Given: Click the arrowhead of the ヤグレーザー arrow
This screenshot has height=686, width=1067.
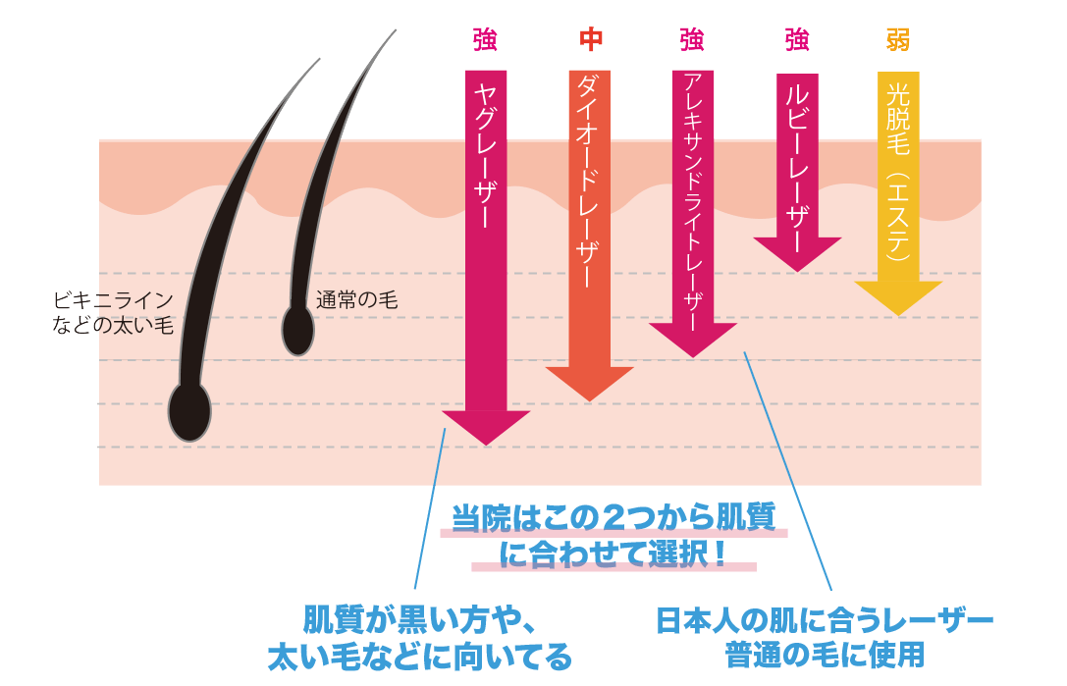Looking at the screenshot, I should click(x=486, y=426).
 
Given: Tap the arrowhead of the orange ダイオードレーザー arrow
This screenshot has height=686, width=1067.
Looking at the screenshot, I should click(x=589, y=382).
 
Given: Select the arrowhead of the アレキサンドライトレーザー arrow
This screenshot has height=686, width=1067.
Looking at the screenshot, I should click(x=693, y=339).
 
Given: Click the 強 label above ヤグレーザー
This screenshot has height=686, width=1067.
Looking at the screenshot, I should click(x=485, y=39).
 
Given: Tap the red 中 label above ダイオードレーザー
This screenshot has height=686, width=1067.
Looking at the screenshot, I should click(x=590, y=39).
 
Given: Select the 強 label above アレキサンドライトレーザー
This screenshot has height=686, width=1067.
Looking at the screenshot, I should click(x=692, y=39).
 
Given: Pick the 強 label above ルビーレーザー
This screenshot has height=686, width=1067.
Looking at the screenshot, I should click(x=797, y=39).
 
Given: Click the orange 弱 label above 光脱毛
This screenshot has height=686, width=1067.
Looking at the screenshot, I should click(x=898, y=39).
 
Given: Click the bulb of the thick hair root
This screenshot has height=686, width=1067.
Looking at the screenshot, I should click(x=189, y=411).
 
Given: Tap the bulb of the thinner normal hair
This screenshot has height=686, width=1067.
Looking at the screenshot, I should click(x=297, y=330).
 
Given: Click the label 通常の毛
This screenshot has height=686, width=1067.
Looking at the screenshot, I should click(x=356, y=300).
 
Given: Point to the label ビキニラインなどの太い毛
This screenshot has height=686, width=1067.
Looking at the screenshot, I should click(x=113, y=312).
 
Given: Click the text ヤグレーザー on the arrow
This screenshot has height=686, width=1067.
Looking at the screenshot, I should click(x=486, y=157).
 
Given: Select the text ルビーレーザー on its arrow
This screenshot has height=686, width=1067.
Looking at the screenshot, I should click(x=797, y=157).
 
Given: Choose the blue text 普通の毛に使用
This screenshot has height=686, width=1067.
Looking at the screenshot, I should click(x=825, y=652).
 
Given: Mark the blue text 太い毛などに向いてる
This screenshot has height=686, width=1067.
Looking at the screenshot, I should click(x=419, y=656).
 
